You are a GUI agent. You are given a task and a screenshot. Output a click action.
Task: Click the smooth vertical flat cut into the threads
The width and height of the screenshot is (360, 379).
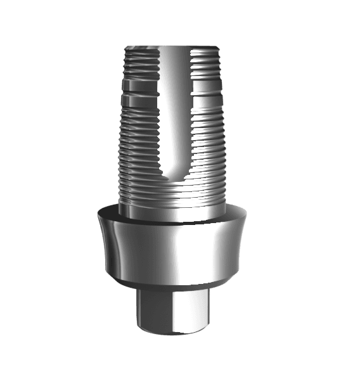(170, 108)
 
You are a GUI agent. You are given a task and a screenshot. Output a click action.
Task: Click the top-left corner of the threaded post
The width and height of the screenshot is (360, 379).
(127, 48)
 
